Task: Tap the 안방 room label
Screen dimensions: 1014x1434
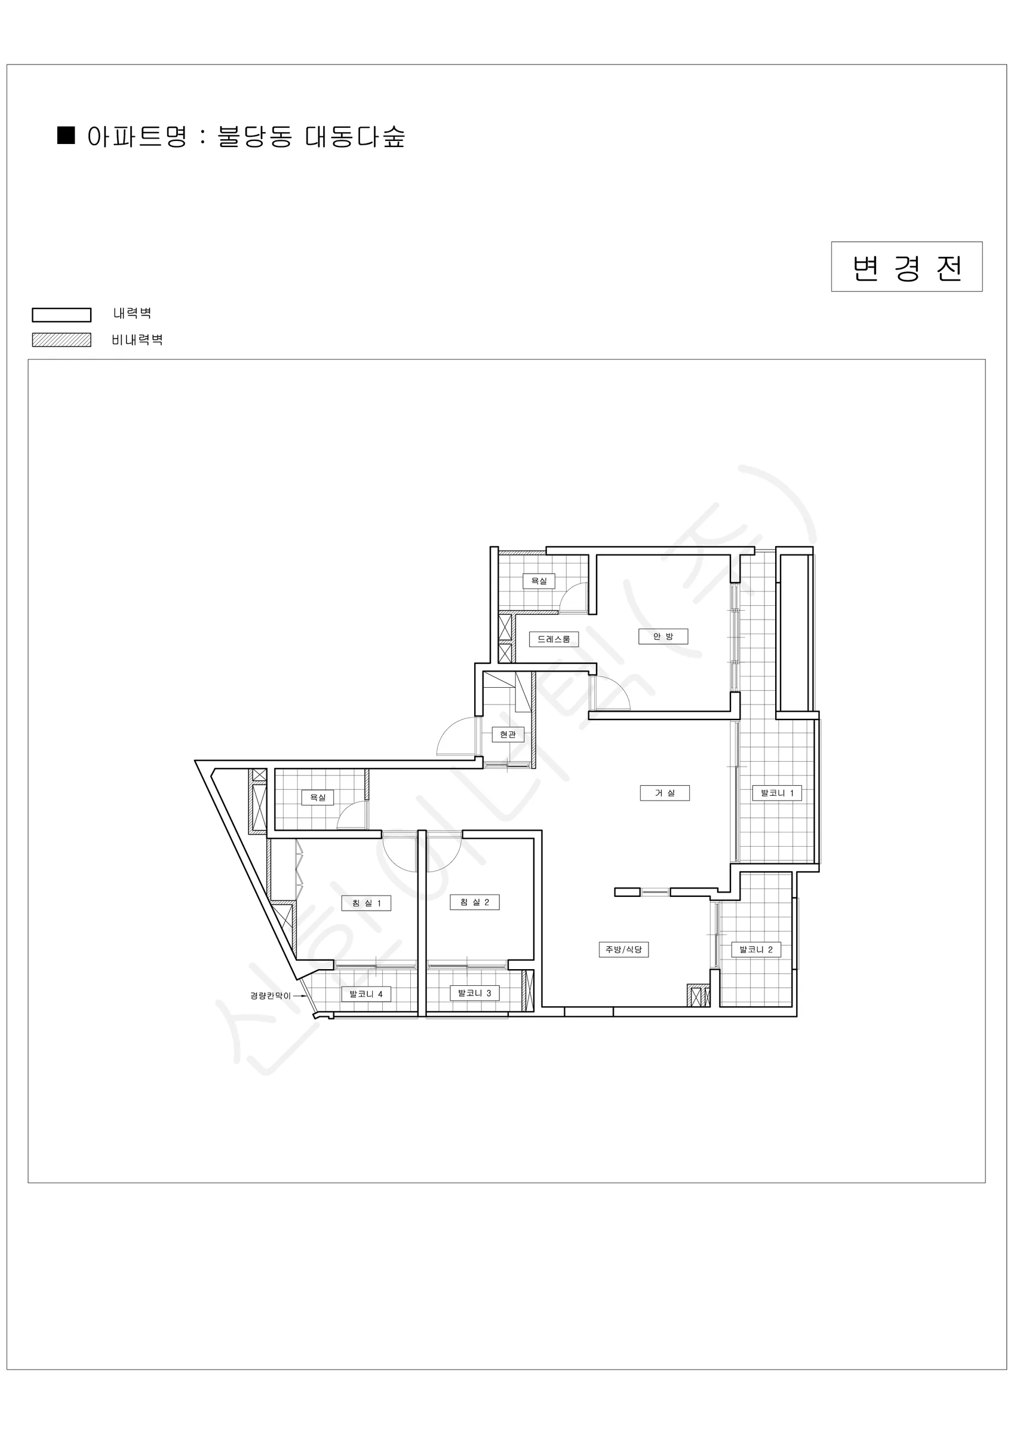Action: tap(663, 636)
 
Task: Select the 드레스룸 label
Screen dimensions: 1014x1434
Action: tap(554, 639)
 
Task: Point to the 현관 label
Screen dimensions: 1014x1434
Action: tap(508, 734)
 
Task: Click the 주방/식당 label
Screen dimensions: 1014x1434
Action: tap(624, 949)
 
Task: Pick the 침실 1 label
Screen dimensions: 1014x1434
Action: tap(366, 903)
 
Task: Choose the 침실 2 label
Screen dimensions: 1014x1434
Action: tap(475, 902)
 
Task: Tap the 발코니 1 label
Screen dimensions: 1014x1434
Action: tap(777, 793)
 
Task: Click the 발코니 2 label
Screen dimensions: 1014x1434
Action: tap(756, 949)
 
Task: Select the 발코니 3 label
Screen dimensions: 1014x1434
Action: tap(475, 993)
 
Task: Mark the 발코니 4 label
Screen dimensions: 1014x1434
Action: tap(366, 994)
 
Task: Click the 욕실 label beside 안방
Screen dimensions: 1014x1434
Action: tap(539, 581)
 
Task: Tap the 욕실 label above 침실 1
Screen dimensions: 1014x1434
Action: tap(318, 798)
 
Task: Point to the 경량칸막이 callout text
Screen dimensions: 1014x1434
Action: tap(271, 995)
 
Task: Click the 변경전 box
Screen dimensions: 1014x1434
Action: tap(907, 266)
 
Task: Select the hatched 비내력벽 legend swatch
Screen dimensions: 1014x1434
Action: tap(62, 340)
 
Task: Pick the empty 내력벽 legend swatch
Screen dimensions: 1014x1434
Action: tap(62, 315)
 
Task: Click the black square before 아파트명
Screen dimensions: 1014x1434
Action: tap(66, 136)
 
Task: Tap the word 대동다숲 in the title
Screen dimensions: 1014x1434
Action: tap(355, 136)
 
